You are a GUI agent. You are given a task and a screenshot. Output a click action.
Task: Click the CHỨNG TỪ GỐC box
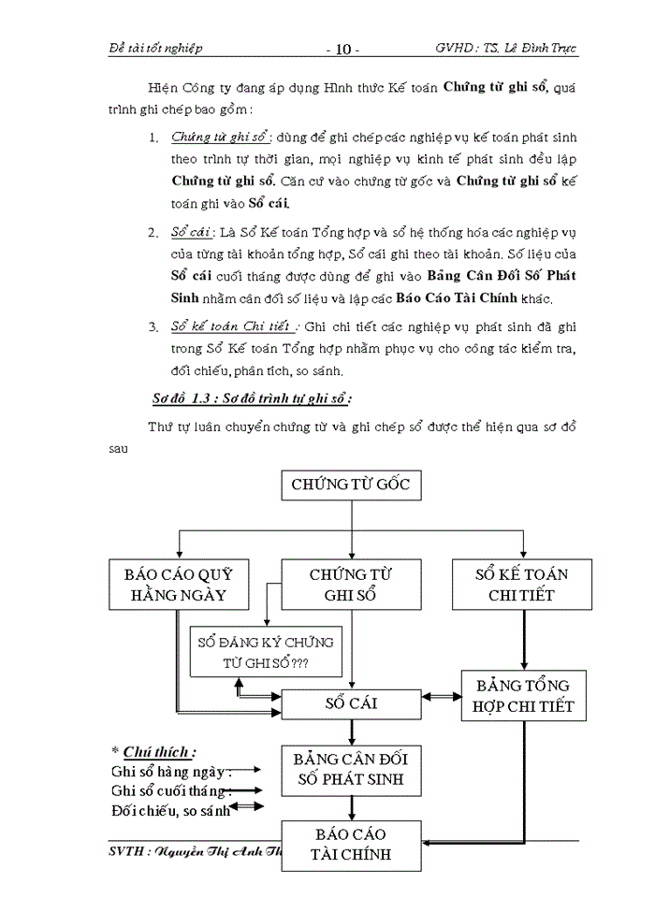351,485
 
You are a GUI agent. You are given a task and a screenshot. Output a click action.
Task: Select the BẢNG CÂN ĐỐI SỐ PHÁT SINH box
351,769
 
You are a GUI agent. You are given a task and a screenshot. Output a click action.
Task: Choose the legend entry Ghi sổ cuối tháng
168,791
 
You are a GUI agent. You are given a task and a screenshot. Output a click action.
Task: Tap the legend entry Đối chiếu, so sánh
169,811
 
